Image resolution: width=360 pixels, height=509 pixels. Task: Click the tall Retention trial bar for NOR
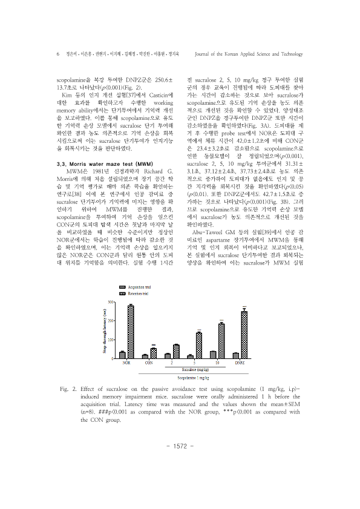(130, 332)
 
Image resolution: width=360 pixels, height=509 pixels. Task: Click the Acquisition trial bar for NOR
(122, 354)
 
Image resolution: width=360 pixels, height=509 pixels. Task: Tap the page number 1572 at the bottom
(180, 463)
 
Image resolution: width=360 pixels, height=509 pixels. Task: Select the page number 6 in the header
(57, 54)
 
